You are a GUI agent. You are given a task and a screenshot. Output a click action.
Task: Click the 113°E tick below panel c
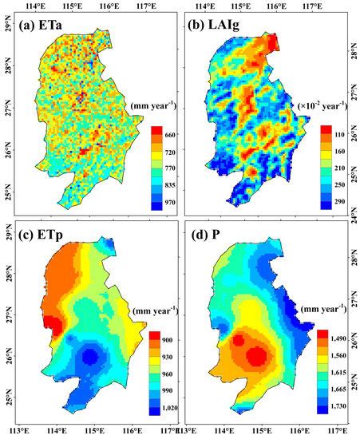point(19,431)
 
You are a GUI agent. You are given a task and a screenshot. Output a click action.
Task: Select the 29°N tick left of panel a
point(7,28)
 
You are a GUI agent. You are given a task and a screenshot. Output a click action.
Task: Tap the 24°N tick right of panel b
point(353,211)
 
